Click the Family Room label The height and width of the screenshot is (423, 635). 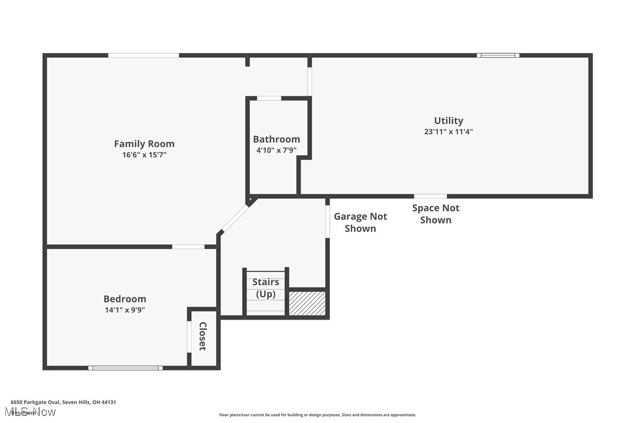pos(144,144)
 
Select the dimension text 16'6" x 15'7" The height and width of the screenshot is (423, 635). pos(144,155)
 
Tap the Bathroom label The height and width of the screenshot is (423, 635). pos(276,139)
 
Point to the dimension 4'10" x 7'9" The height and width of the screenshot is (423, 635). pos(276,150)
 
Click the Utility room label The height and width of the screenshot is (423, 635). pos(448,120)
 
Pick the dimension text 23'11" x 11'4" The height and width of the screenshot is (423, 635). pos(448,132)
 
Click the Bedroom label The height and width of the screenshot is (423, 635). pos(125,299)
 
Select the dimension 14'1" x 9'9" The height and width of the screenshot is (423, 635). pos(125,310)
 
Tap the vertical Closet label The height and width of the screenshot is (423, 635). pos(203,337)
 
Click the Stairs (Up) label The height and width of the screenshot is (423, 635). pos(265,288)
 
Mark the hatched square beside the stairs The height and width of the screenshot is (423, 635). pos(307,304)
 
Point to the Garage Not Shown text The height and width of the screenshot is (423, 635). pos(360,223)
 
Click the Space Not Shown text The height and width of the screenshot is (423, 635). pos(436,214)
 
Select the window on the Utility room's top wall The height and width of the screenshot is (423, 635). pos(498,56)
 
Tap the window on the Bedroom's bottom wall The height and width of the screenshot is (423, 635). pos(125,367)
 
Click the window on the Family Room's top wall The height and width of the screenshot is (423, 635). pos(143,56)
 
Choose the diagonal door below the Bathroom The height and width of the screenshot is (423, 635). pos(235,217)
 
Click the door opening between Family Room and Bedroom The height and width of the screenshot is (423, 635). pos(188,247)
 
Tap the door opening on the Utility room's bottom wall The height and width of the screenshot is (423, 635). pos(430,196)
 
